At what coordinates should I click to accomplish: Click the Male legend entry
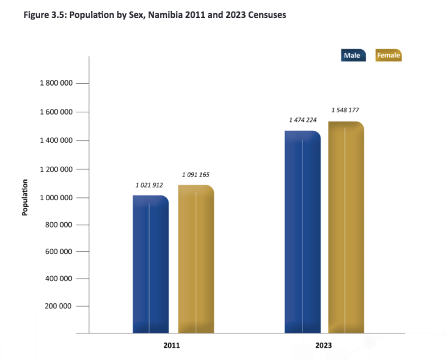(353, 55)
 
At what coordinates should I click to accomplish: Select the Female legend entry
(388, 55)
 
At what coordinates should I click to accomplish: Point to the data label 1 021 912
(149, 185)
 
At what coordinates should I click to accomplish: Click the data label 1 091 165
(196, 174)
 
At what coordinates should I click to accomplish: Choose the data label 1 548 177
(345, 110)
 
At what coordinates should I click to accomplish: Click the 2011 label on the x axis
(172, 345)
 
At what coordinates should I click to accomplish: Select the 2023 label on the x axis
(324, 345)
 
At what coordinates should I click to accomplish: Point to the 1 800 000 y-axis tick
(56, 83)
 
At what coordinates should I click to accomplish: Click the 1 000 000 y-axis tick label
(56, 197)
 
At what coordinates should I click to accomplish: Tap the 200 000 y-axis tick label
(59, 306)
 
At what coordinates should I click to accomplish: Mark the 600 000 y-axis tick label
(59, 252)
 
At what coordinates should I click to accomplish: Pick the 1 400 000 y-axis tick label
(56, 141)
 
